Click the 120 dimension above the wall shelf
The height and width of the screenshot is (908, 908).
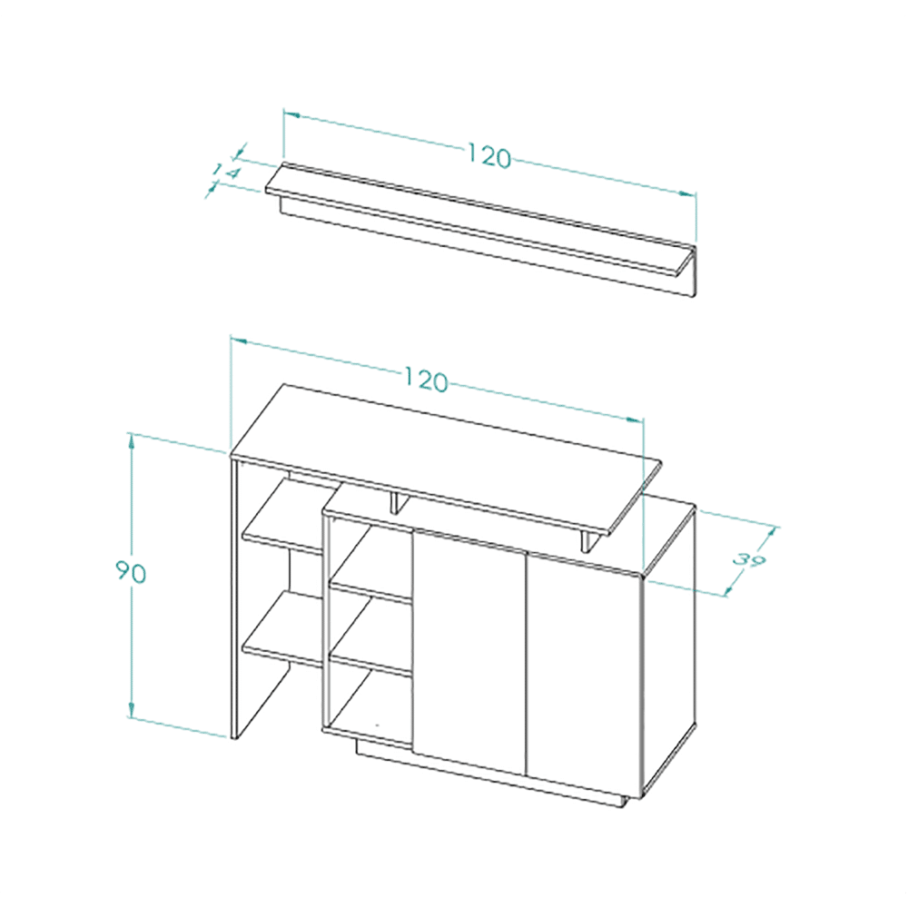click(489, 156)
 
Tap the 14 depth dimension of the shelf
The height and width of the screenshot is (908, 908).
click(225, 172)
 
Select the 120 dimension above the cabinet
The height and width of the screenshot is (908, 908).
click(426, 380)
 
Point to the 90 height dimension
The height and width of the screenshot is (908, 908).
click(131, 571)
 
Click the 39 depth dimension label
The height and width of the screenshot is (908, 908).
click(750, 560)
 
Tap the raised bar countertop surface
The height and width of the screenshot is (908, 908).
click(446, 458)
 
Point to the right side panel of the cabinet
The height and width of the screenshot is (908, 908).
click(669, 648)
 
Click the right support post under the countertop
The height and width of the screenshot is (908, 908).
click(589, 541)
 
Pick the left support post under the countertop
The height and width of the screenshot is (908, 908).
click(398, 502)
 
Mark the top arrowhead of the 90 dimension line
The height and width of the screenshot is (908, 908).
click(132, 440)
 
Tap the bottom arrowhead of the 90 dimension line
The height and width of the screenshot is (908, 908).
click(132, 710)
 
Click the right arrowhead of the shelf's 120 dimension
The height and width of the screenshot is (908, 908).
click(687, 194)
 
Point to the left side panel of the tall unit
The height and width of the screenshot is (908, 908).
click(235, 599)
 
